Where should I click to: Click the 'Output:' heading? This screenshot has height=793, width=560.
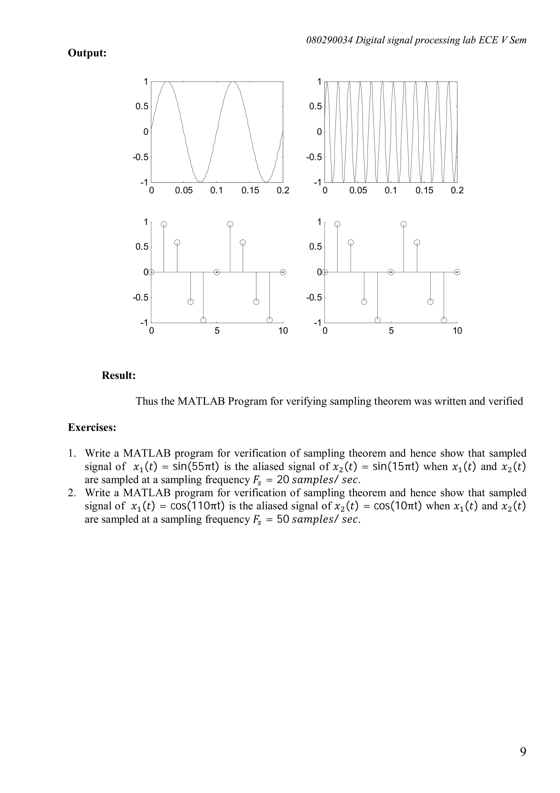(x=87, y=53)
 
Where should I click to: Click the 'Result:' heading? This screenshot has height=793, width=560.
(x=119, y=375)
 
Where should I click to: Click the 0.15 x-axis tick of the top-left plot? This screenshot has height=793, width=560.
(x=250, y=190)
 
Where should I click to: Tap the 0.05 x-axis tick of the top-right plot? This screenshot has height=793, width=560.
(x=358, y=190)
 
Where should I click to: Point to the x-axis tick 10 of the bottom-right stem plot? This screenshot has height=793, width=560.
(x=457, y=331)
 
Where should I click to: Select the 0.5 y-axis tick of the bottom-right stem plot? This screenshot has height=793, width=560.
(x=315, y=247)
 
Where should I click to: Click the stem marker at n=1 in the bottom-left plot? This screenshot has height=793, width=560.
(x=164, y=224)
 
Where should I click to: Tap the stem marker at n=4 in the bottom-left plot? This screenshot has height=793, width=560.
(x=203, y=320)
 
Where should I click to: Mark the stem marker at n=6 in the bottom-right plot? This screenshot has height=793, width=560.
(x=404, y=224)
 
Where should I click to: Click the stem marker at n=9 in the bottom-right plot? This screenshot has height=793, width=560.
(x=444, y=320)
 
